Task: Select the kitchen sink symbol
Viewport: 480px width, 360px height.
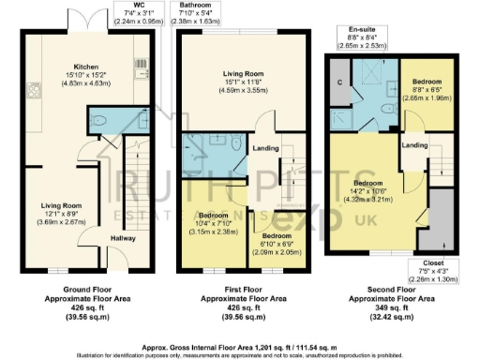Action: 141,72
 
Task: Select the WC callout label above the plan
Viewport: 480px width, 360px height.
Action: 139,5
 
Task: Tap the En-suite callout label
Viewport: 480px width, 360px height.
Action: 364,29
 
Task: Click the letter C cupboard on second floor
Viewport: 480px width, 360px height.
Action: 339,81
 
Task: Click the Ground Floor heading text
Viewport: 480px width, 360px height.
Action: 82,289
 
